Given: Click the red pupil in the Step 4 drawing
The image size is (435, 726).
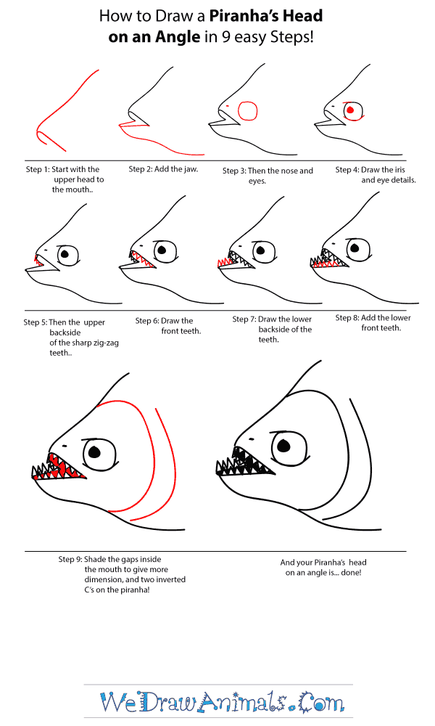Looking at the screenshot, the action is pyautogui.click(x=350, y=110).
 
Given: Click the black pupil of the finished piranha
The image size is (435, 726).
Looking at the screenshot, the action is pyautogui.click(x=283, y=446).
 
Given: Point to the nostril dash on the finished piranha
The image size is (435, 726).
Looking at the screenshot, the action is pyautogui.click(x=252, y=439).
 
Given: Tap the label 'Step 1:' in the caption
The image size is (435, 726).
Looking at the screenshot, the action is pyautogui.click(x=38, y=169).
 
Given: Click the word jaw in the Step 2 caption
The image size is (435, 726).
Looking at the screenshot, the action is pyautogui.click(x=191, y=169).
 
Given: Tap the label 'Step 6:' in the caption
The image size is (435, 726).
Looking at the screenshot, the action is pyautogui.click(x=147, y=320).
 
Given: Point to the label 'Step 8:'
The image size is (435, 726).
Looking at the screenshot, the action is pyautogui.click(x=347, y=318).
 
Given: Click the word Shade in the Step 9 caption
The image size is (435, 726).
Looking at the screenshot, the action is pyautogui.click(x=95, y=559).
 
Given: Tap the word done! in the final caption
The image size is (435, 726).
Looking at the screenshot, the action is pyautogui.click(x=352, y=573).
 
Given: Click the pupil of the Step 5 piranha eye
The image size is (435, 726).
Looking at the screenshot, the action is pyautogui.click(x=65, y=253).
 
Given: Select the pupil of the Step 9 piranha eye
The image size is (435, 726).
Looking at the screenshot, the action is pyautogui.click(x=94, y=452).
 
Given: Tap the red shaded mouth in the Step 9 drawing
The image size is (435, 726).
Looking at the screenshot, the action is pyautogui.click(x=62, y=467).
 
